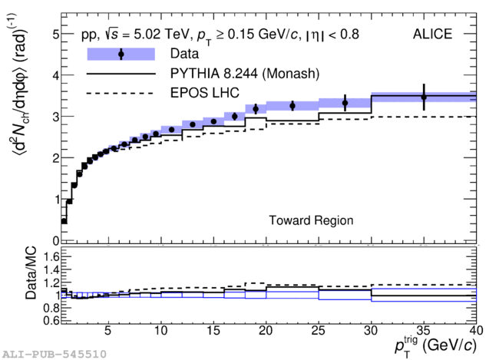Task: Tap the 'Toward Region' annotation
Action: point(311,220)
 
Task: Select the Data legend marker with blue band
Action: point(121,54)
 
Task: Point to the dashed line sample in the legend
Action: point(121,94)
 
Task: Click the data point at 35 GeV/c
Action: point(424,97)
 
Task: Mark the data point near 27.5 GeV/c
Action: point(345,103)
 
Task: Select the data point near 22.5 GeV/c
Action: point(292,105)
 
